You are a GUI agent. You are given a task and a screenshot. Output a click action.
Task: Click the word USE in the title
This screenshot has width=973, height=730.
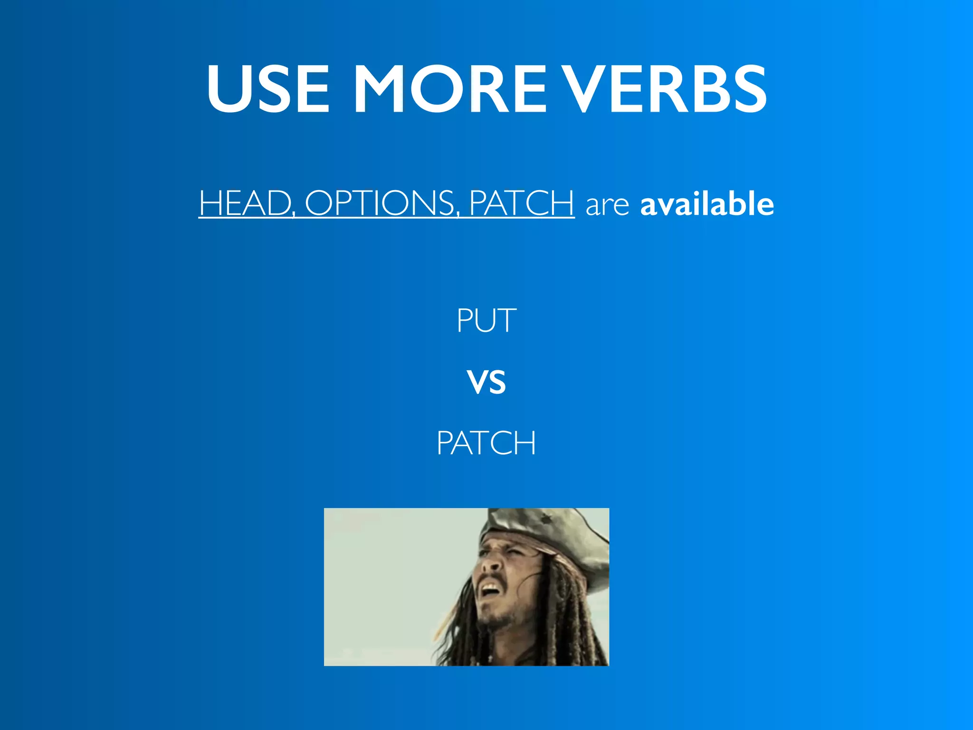coord(268,89)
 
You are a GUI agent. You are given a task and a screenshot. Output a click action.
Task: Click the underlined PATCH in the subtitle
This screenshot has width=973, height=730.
coord(521,203)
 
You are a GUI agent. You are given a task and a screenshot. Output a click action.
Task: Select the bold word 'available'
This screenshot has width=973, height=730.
coord(707,203)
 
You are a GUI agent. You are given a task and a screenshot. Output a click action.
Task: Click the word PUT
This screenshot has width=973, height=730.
coord(486,321)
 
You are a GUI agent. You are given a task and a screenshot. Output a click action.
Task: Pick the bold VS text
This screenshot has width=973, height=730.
coord(486,383)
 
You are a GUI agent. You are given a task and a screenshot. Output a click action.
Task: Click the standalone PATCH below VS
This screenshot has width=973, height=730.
coord(486,443)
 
